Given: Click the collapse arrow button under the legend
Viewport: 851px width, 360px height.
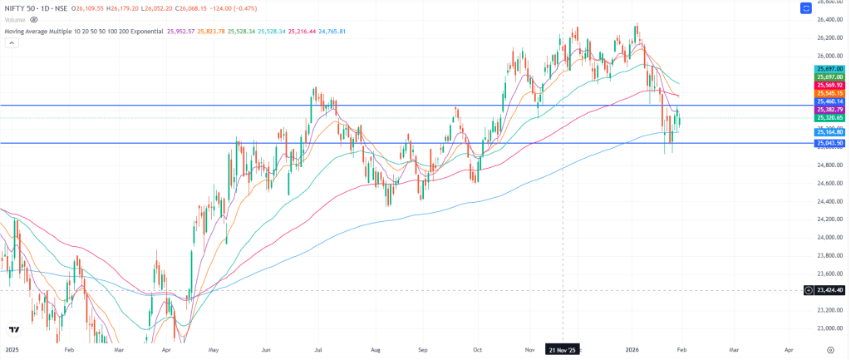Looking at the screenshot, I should (11, 43).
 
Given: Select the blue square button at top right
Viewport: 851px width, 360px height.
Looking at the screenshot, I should (805, 8).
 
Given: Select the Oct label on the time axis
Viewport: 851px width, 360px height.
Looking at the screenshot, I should (478, 350).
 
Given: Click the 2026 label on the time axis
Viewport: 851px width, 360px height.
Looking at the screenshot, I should (632, 350).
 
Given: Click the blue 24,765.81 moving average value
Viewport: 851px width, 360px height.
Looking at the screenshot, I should (330, 31).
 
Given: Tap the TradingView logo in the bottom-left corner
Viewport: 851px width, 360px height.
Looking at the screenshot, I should (13, 329).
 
